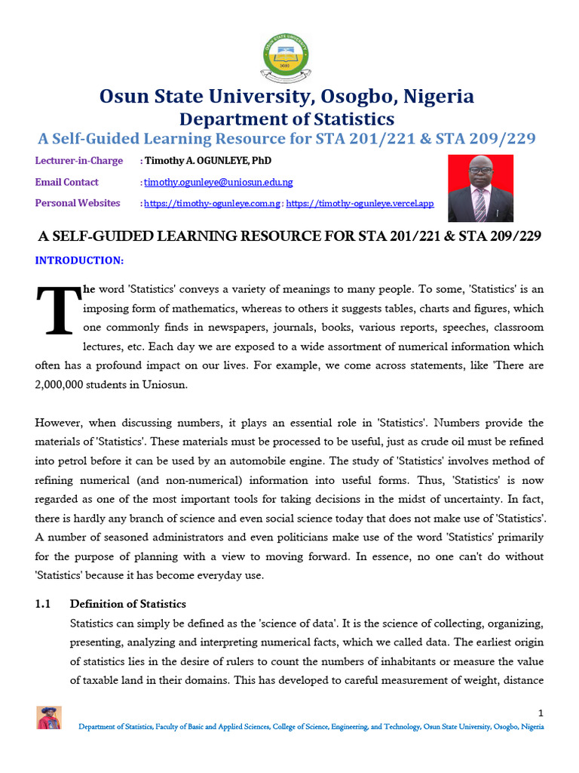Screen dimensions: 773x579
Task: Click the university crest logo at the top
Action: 289,56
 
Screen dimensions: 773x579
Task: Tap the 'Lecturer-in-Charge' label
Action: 76,161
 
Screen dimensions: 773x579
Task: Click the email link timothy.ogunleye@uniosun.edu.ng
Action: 219,182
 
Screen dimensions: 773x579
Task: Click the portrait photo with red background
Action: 480,188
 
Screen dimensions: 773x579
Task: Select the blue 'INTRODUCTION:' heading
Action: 79,260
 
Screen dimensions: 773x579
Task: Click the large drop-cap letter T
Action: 57,311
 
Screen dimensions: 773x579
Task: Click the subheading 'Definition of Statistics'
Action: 127,604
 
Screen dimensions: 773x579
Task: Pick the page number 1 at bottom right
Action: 541,713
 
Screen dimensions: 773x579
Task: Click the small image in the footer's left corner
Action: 49,718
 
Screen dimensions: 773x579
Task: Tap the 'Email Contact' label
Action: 67,182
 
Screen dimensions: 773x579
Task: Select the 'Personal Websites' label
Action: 78,203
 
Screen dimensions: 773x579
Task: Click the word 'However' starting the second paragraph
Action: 59,423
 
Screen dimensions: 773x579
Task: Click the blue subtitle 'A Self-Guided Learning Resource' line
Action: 286,138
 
